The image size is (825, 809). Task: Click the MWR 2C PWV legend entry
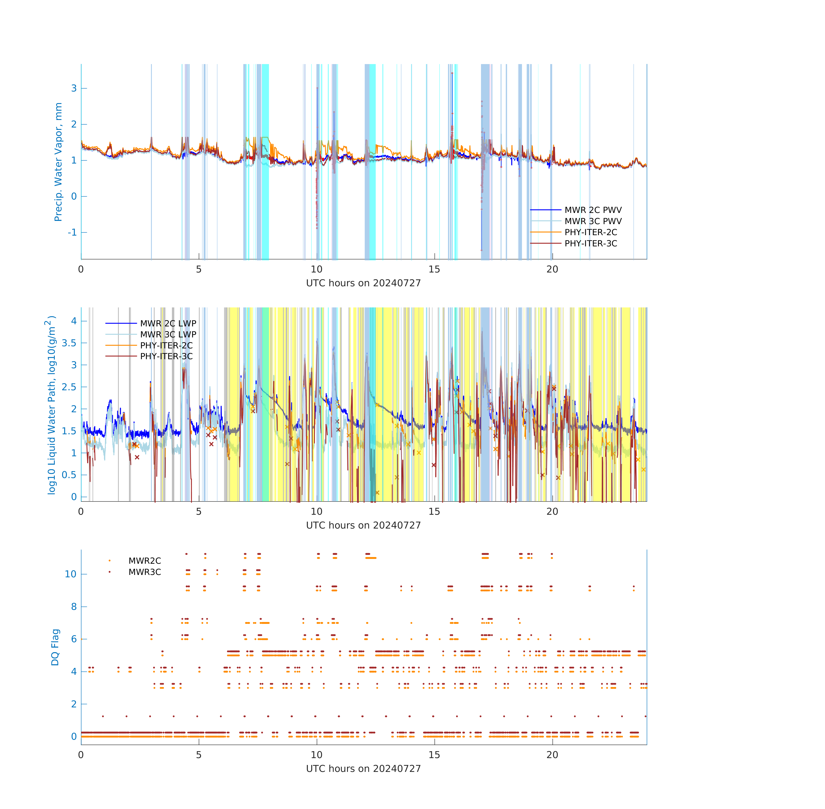(576, 210)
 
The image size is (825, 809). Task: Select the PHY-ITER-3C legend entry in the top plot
(574, 244)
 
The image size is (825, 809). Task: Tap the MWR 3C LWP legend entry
(151, 334)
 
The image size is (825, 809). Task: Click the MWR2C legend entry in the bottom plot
(135, 561)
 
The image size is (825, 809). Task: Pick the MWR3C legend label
(145, 572)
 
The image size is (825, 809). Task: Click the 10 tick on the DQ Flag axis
(71, 574)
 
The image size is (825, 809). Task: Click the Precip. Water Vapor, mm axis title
(58, 162)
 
